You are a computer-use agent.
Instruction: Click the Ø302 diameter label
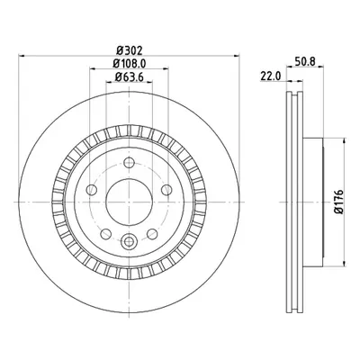(x=129, y=50)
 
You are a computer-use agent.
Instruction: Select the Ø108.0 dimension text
(x=130, y=64)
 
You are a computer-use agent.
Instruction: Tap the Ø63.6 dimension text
(x=130, y=77)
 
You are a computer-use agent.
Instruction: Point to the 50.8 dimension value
(x=305, y=61)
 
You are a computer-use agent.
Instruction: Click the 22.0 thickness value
(x=270, y=76)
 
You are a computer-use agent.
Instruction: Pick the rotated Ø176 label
(x=339, y=202)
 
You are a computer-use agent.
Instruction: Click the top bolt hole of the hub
(x=129, y=163)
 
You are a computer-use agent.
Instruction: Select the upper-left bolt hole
(x=92, y=190)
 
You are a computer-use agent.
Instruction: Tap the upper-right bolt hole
(x=166, y=190)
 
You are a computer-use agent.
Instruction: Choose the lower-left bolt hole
(x=106, y=234)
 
